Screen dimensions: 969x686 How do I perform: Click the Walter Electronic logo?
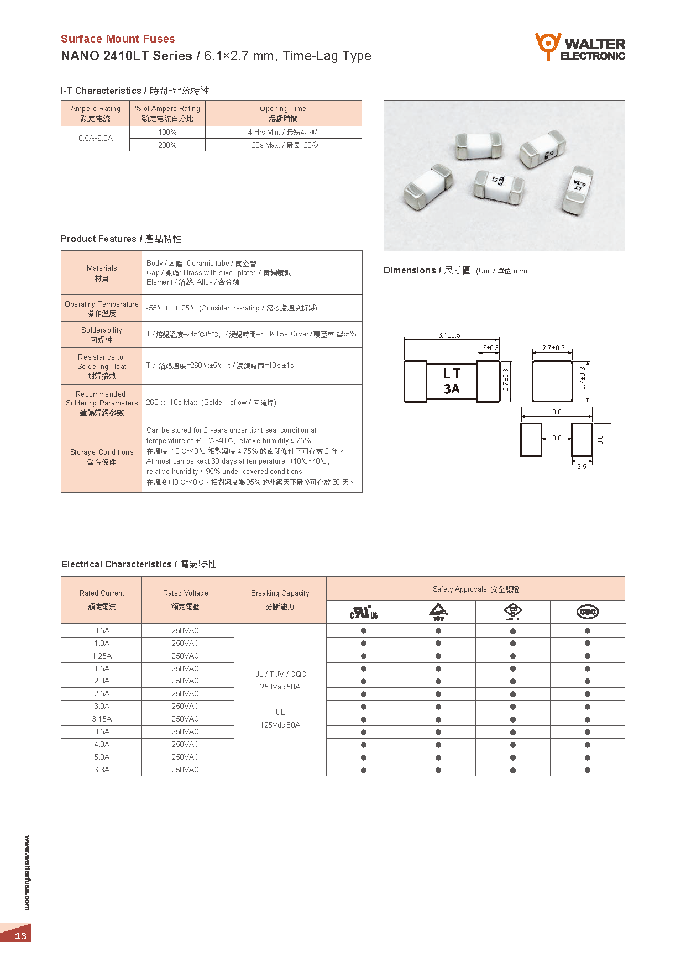tap(580, 48)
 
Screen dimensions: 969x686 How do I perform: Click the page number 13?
tap(20, 935)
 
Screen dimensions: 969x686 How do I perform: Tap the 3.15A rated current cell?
tap(102, 719)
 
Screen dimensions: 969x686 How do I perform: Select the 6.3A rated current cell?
tap(102, 770)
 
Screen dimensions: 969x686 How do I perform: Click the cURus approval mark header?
tap(364, 612)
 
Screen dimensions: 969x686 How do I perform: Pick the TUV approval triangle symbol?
tap(438, 612)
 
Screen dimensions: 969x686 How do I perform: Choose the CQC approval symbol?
tap(587, 612)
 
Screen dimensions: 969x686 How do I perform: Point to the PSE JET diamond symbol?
tap(513, 612)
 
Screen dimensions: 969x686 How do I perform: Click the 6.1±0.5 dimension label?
tap(449, 335)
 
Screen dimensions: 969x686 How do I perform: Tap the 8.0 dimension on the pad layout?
tap(556, 412)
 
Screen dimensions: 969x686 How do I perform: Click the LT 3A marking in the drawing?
tap(452, 381)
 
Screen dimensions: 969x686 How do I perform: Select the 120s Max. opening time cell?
tap(283, 145)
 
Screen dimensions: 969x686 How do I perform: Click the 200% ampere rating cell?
tap(167, 145)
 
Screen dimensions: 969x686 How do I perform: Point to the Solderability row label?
tap(102, 335)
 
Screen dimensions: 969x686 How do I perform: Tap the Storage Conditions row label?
tap(102, 457)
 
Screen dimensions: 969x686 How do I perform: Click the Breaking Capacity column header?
tap(280, 599)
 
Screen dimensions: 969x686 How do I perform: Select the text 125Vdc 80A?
tap(280, 725)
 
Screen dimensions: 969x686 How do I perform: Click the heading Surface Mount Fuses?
tap(118, 39)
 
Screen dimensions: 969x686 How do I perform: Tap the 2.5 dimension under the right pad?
tap(582, 467)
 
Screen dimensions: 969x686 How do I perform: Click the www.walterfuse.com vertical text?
tap(27, 872)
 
